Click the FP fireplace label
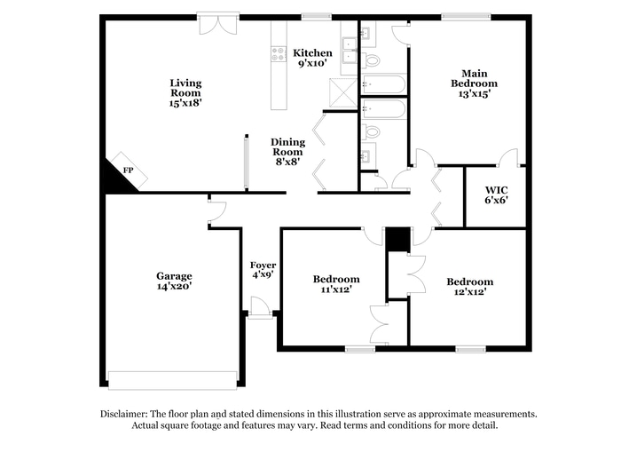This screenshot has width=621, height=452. [128, 170]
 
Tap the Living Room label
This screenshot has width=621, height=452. [185, 92]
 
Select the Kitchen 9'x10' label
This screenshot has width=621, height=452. [313, 59]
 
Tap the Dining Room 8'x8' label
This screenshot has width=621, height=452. [287, 152]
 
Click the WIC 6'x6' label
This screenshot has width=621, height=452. [496, 195]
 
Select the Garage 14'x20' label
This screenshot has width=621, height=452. [174, 281]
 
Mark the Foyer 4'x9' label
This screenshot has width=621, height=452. [262, 270]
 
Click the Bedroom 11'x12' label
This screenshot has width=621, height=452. [335, 283]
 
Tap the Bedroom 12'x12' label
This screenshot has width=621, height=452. [469, 287]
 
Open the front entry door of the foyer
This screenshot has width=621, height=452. [260, 307]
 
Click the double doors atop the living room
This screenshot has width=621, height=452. [218, 23]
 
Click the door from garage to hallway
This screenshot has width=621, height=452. [216, 210]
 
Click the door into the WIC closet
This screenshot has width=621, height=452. [508, 158]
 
